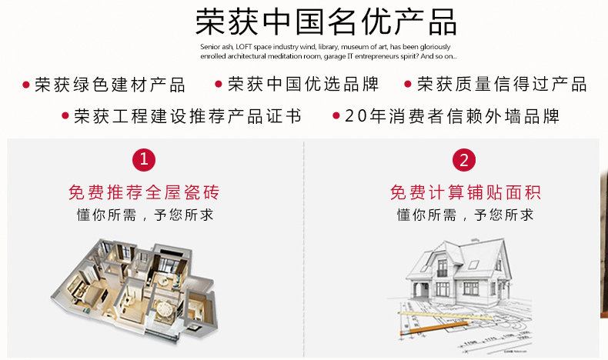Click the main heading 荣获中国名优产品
(x=326, y=22)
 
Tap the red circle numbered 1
(x=144, y=160)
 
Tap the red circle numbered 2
(x=464, y=160)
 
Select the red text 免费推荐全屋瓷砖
(x=144, y=192)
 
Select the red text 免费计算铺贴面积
(x=464, y=192)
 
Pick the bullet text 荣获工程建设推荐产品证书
(x=188, y=117)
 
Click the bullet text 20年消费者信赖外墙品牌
(x=453, y=117)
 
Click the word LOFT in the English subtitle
(x=246, y=47)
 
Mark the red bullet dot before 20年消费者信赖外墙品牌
(x=336, y=117)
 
